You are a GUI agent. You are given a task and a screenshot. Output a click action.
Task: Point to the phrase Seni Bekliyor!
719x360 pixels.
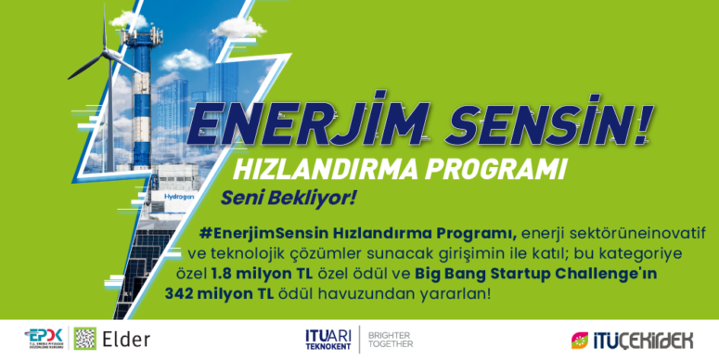coord(289,199)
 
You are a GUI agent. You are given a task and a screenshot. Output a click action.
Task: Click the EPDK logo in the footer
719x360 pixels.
coord(45,339)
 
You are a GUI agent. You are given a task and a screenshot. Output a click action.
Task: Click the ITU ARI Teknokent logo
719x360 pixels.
coord(328,339)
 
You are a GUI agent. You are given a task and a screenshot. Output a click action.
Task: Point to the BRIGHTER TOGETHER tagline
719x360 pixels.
coord(391,339)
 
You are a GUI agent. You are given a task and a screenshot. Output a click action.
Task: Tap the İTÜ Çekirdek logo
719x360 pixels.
coord(630,339)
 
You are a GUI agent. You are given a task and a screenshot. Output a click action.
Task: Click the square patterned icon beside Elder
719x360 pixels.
coord(84,339)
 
